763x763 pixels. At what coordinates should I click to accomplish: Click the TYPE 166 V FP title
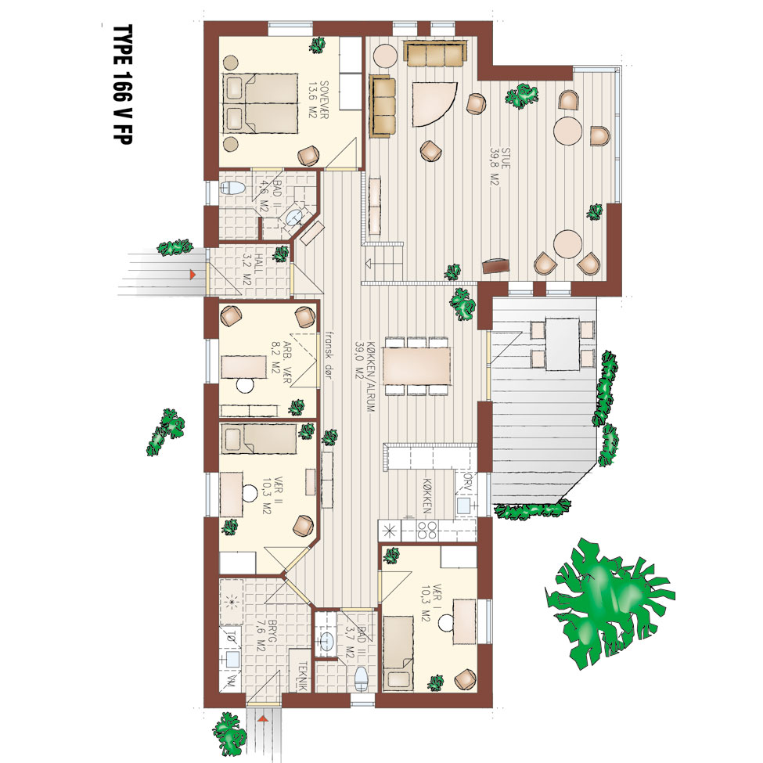(x=122, y=85)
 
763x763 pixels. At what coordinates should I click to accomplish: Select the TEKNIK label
(x=302, y=675)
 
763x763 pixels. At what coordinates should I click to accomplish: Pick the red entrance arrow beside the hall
(x=193, y=275)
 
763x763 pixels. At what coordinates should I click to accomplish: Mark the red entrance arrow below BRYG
(x=263, y=718)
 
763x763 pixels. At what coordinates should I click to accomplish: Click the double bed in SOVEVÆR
(x=261, y=103)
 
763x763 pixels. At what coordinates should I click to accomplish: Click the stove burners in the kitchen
(x=426, y=531)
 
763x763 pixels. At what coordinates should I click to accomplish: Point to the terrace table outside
(x=562, y=344)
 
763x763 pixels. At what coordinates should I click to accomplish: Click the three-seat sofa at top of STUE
(x=435, y=54)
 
